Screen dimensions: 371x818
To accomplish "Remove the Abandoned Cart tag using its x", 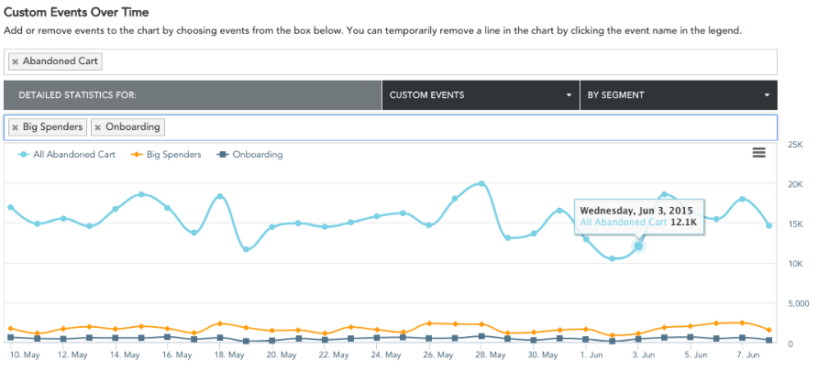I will click(x=16, y=62).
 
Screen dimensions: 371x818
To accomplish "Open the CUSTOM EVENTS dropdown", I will click(x=480, y=95).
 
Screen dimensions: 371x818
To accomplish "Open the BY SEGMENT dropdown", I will click(x=678, y=95).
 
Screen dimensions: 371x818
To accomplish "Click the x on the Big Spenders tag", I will click(x=16, y=127).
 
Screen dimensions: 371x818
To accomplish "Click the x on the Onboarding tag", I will click(x=98, y=127).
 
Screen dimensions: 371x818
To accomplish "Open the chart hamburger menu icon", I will click(x=759, y=153).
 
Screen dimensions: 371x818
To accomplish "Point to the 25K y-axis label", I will click(x=796, y=145).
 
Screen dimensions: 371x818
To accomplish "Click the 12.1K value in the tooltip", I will click(x=683, y=223).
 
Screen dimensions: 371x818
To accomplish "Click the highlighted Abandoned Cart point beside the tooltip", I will click(x=638, y=246).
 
